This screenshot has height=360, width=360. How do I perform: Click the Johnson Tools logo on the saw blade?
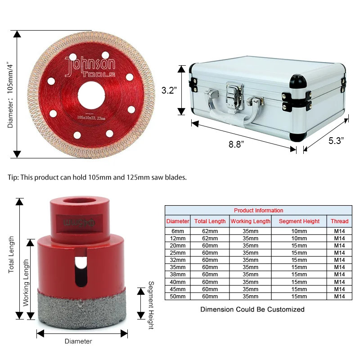90,67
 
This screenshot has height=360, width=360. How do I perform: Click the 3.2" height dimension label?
169,90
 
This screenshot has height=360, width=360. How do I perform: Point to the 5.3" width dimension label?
336,140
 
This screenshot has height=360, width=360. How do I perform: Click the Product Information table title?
258,210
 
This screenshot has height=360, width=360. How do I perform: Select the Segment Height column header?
299,221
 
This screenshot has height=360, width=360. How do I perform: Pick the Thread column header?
339,221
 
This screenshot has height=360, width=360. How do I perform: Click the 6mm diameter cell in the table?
178,231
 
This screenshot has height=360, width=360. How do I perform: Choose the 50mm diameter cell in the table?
178,297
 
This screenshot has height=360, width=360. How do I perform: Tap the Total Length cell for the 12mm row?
210,238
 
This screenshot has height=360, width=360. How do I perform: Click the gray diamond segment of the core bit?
82,306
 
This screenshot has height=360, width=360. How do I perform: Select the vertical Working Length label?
26,283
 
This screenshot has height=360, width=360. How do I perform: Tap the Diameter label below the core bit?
78,341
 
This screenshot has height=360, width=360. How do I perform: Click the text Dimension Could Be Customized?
252,309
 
